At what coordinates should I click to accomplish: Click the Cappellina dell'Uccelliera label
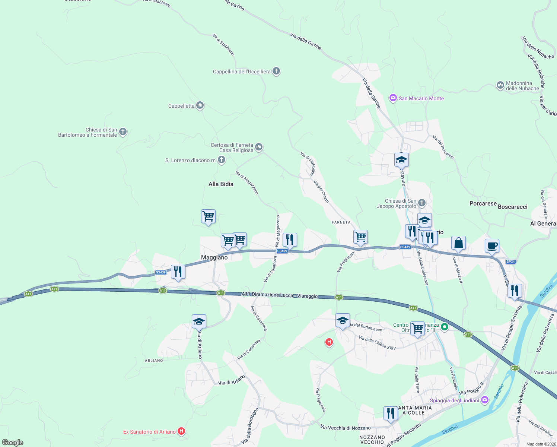pos(242,72)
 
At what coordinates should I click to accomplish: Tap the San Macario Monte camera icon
pos(393,98)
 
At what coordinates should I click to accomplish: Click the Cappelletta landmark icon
pos(200,106)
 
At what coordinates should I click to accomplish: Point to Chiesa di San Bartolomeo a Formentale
pos(87,132)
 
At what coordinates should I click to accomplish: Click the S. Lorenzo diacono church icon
pos(222,160)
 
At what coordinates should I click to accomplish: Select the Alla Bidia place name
pos(221,184)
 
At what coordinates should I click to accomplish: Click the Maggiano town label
pos(214,257)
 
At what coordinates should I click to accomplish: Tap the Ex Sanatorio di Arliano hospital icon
pos(181,431)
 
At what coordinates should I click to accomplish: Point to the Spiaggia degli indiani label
pos(455,401)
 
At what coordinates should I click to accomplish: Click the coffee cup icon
pos(492,246)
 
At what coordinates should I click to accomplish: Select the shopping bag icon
pos(458,243)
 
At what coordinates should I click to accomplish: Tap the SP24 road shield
pos(510,261)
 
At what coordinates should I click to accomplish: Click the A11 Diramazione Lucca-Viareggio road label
pos(280,295)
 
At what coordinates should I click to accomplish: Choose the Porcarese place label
pos(483,203)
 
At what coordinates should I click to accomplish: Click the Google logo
pos(13,442)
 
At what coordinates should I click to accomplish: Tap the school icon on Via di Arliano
pos(199,321)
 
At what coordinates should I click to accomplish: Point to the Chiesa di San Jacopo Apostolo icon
pos(421,203)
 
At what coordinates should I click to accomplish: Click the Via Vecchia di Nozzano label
pos(346,428)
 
